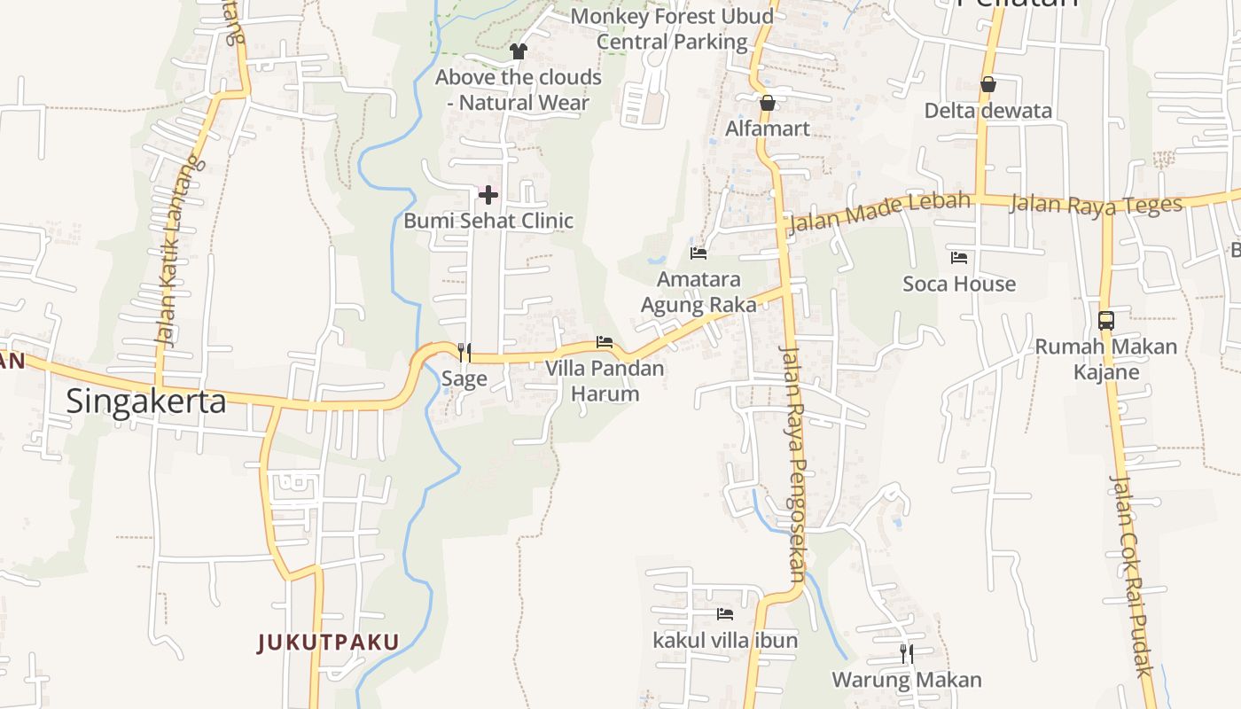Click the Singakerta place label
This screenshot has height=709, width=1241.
pyautogui.click(x=146, y=401)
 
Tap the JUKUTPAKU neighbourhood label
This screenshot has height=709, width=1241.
pyautogui.click(x=329, y=642)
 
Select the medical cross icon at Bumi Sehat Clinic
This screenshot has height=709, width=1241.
pyautogui.click(x=488, y=195)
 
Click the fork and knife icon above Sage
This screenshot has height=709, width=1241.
pyautogui.click(x=464, y=353)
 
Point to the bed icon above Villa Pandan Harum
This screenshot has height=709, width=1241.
pyautogui.click(x=605, y=342)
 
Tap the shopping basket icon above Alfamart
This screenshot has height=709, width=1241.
pyautogui.click(x=768, y=103)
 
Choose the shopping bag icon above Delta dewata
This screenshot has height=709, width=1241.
pyautogui.click(x=988, y=84)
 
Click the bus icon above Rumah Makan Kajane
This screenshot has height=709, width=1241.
pyautogui.click(x=1106, y=320)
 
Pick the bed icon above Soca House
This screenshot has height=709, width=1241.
pyautogui.click(x=959, y=258)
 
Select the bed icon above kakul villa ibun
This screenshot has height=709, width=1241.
pyautogui.click(x=725, y=613)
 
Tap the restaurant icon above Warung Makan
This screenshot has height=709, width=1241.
pyautogui.click(x=907, y=654)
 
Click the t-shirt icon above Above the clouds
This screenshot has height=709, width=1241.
pyautogui.click(x=519, y=51)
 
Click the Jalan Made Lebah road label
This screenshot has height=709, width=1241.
pyautogui.click(x=878, y=211)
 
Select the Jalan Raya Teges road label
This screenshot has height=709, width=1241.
pyautogui.click(x=1096, y=204)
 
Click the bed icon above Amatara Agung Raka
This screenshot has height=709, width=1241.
pyautogui.click(x=699, y=253)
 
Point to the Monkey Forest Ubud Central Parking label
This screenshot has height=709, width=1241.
pyautogui.click(x=672, y=28)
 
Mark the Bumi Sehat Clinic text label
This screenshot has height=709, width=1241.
pyautogui.click(x=488, y=221)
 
